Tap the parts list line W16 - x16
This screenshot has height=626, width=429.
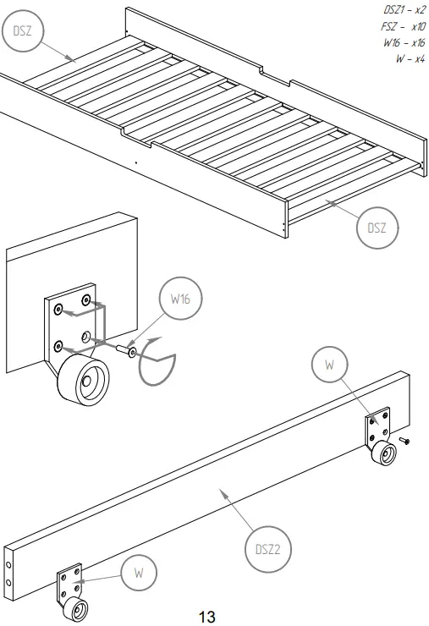click(x=403, y=42)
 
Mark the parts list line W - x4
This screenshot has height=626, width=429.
click(x=410, y=58)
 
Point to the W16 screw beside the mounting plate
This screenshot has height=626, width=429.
click(x=125, y=349)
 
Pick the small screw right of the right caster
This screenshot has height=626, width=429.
click(x=405, y=442)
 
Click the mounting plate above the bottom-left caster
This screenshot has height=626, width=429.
click(x=68, y=584)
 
